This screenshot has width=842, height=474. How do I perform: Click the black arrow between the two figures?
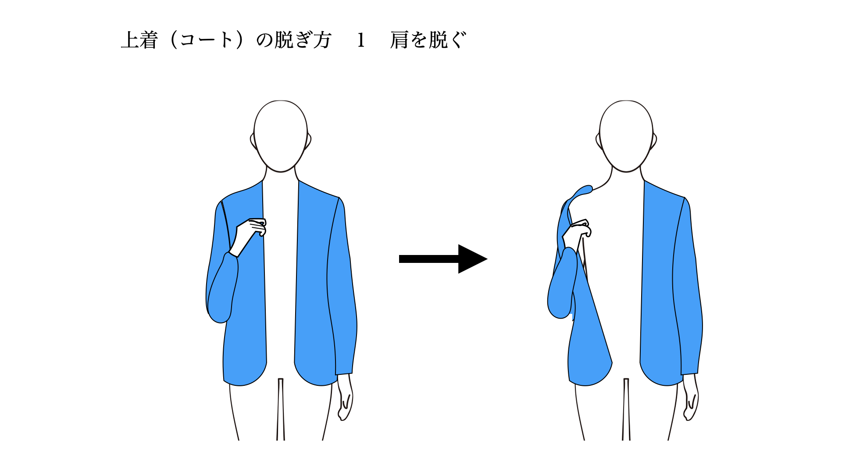[x=443, y=259]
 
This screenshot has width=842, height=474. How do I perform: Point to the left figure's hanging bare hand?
[x=345, y=397]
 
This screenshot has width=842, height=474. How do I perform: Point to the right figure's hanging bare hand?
[x=691, y=397]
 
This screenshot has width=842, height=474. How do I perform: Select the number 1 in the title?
[x=361, y=40]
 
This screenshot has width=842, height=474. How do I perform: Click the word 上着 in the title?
[x=139, y=40]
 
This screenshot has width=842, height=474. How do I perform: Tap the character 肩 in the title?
[x=400, y=40]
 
